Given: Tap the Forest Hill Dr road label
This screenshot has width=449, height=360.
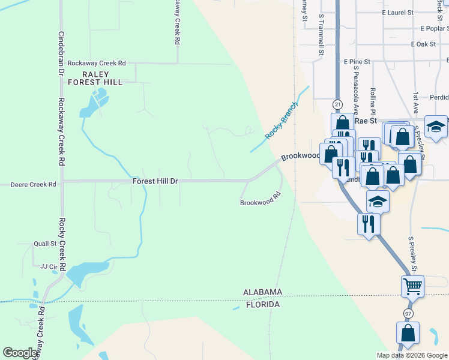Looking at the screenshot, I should tap(155, 181).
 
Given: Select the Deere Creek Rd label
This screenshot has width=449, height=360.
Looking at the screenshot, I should tap(33, 185).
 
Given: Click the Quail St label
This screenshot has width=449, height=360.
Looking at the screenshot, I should tap(45, 244).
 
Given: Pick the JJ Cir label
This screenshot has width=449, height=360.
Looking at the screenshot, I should tap(48, 266).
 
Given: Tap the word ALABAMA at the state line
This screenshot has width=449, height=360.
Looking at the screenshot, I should tap(262, 292).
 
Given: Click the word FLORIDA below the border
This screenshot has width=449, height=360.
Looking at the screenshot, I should tap(262, 305).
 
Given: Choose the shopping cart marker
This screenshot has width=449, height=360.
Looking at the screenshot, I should tap(412, 287).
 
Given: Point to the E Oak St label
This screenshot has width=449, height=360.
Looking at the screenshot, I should tap(423, 44).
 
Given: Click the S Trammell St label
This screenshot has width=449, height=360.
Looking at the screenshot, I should tap(322, 35).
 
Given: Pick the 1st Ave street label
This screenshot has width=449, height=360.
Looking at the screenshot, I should tap(415, 103).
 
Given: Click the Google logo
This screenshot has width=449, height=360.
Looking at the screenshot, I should tap(20, 353).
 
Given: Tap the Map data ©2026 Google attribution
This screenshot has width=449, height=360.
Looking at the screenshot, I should tap(411, 355).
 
